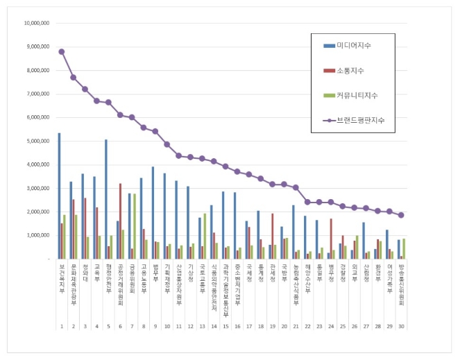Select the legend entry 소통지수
pos(350,71)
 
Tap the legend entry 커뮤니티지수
pos(357,95)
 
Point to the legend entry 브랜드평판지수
pos(360,120)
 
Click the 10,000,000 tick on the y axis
pos(36,23)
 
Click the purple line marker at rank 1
pos(62,51)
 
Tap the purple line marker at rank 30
pos(401,215)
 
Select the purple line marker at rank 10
pos(167,144)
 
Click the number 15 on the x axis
pos(226,325)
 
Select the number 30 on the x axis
pos(401,325)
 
